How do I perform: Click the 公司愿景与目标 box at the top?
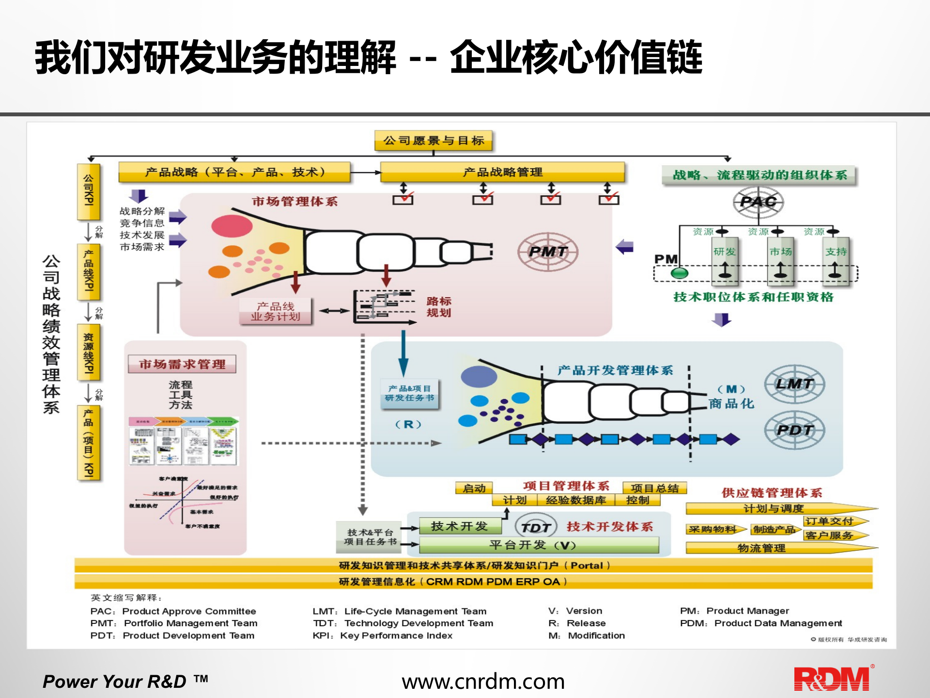coord(434,141)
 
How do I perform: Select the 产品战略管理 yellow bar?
coord(502,172)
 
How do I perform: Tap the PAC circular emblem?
coord(758,202)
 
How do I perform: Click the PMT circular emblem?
coord(548,252)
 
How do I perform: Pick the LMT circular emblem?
coord(794,384)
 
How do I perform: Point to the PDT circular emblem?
coord(794,430)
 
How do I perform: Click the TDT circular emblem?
coord(536,527)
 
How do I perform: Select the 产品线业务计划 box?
coord(276,311)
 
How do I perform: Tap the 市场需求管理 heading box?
coord(182,364)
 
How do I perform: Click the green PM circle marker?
coord(679,273)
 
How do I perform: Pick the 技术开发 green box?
coord(460,526)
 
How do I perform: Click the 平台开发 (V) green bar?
coord(539,545)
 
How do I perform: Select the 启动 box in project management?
coord(474,488)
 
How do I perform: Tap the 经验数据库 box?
coord(575,500)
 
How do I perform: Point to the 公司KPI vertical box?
coord(89,191)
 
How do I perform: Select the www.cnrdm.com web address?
coord(483,682)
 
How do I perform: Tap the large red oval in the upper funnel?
coord(232,226)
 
